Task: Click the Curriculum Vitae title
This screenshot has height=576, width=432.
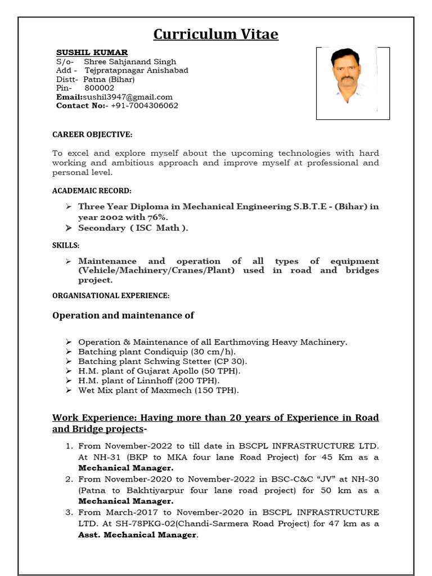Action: [x=216, y=34]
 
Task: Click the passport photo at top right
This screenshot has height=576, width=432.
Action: [x=345, y=83]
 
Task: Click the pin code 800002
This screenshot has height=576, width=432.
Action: [x=99, y=88]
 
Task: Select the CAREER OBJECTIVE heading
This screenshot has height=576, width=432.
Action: [x=92, y=134]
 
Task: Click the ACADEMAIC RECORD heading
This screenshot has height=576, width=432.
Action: [x=92, y=191]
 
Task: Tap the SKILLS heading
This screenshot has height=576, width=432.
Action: [x=66, y=245]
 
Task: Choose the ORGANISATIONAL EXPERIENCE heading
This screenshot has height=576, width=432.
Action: [x=111, y=295]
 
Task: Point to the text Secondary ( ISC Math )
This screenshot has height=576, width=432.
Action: [x=133, y=228]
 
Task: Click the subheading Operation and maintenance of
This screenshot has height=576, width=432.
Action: [x=123, y=316]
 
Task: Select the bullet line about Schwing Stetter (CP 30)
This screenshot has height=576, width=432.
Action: [x=162, y=361]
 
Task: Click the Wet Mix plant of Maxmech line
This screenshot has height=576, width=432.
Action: [x=158, y=390]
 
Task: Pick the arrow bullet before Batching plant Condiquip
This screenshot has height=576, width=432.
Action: [x=67, y=352]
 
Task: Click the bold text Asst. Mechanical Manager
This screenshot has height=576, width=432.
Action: [x=138, y=534]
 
